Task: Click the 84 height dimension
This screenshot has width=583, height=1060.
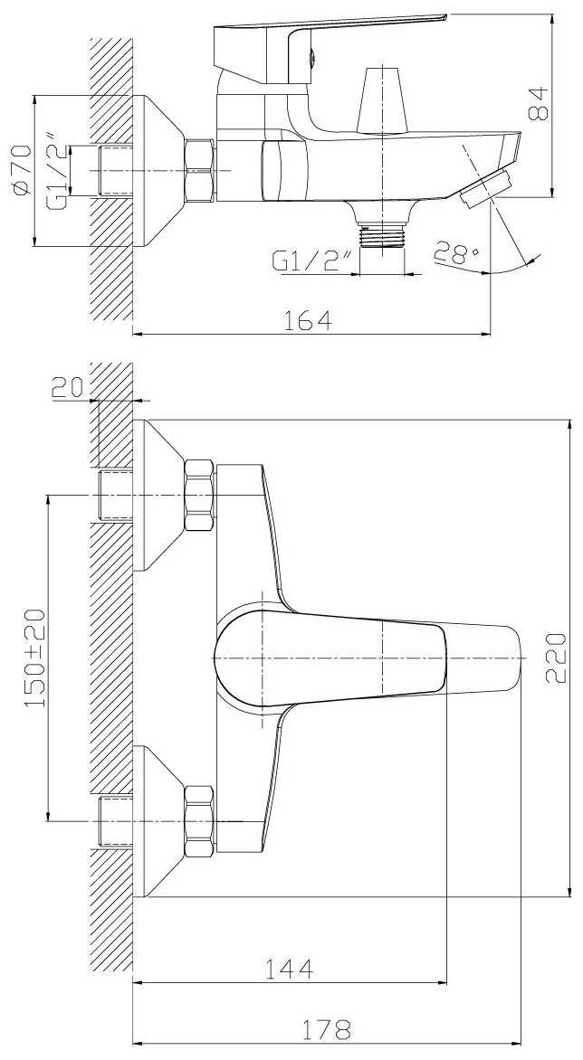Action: pyautogui.click(x=540, y=103)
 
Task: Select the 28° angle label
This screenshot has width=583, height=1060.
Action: pyautogui.click(x=458, y=254)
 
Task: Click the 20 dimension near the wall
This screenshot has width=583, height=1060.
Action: pyautogui.click(x=67, y=387)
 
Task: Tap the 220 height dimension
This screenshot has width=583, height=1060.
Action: pyautogui.click(x=556, y=658)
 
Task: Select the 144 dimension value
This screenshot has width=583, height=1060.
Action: pyautogui.click(x=291, y=970)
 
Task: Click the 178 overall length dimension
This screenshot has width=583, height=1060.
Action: pyautogui.click(x=328, y=1029)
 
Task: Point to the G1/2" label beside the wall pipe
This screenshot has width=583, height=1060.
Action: pyautogui.click(x=58, y=170)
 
